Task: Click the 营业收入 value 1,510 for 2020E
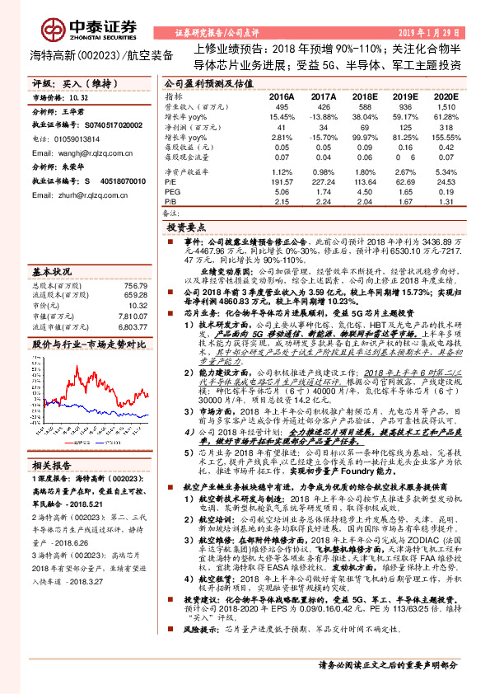click(x=446, y=107)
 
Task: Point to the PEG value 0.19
click(x=446, y=190)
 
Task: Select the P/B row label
click(x=170, y=200)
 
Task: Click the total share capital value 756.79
click(x=134, y=285)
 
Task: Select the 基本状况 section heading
click(x=52, y=271)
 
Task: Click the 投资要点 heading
click(x=186, y=225)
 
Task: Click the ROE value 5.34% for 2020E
click(x=446, y=171)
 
